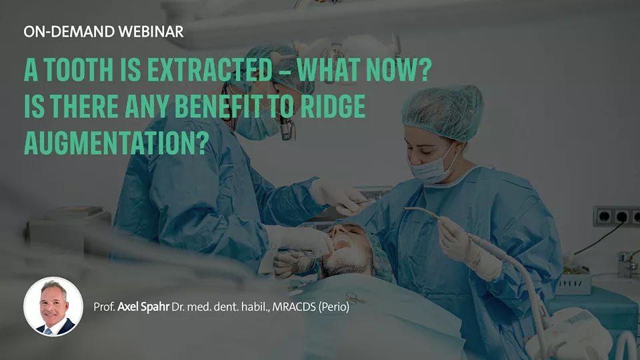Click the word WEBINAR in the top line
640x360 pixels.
click(x=151, y=32)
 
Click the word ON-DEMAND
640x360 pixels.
click(x=69, y=32)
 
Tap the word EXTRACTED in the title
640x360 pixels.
click(x=209, y=70)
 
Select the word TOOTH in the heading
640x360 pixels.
click(x=79, y=70)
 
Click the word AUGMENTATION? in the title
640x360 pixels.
click(x=116, y=143)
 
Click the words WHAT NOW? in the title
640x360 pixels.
click(x=365, y=70)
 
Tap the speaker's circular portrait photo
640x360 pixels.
click(x=53, y=307)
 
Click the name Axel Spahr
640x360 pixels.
click(x=143, y=307)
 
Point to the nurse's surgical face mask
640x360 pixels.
click(x=433, y=167)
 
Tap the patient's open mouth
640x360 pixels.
click(x=342, y=244)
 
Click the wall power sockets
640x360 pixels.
click(x=616, y=216)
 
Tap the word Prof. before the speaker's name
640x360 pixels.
click(x=104, y=307)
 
